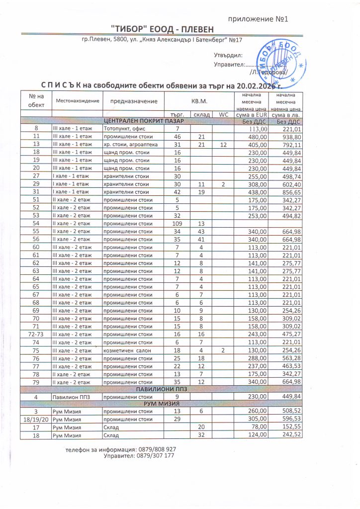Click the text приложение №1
[x=258, y=19]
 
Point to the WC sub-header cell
[x=223, y=114]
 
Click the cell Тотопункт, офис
[x=123, y=129]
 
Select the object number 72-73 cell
[x=36, y=335]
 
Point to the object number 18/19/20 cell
[x=36, y=419]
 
